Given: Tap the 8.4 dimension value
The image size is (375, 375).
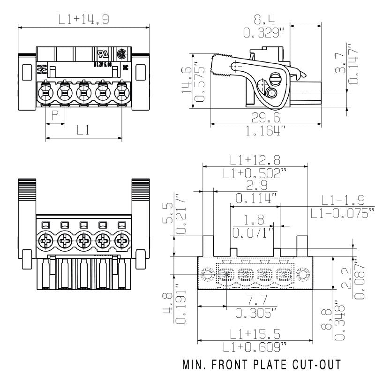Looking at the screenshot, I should pos(264,19).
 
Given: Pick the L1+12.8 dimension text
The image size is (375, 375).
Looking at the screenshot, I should pos(255,159).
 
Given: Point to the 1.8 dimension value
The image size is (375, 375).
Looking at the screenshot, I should pos(254,219).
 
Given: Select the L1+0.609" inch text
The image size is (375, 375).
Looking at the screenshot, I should pos(256,347).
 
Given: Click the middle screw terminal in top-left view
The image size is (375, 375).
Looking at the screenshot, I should pos(84,92).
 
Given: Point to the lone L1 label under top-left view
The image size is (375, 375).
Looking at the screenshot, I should pos(83,130).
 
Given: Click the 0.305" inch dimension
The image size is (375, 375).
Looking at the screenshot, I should pos(255,313).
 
